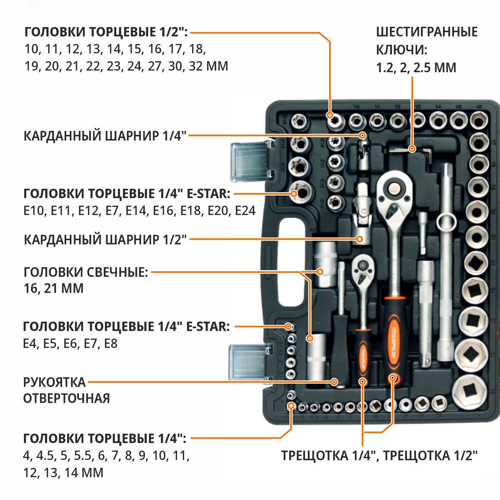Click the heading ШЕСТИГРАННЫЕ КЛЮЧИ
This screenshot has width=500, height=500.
(x=426, y=41)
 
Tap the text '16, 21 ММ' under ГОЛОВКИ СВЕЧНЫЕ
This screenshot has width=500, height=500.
(x=53, y=288)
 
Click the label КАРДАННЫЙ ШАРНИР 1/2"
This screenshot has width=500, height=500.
(x=105, y=240)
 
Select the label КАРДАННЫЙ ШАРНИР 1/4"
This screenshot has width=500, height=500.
(x=105, y=136)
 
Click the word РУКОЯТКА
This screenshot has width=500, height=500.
(x=54, y=382)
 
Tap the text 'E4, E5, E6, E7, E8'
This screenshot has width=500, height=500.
(x=70, y=344)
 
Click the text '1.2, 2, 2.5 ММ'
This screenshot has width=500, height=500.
(x=416, y=68)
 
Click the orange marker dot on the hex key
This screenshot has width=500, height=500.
(x=412, y=149)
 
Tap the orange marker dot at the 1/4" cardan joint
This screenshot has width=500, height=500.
(x=363, y=135)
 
